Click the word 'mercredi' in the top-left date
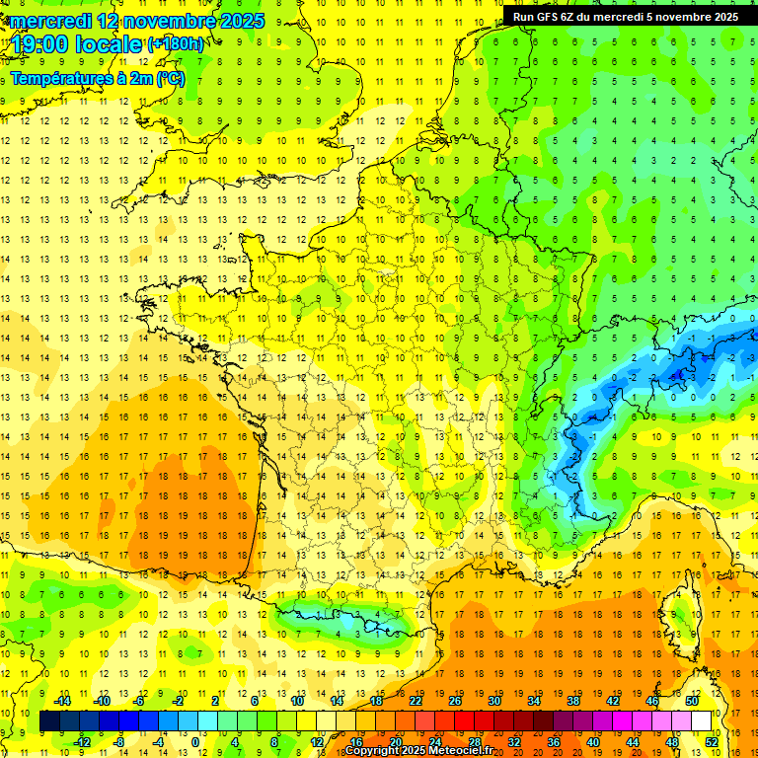(53, 21)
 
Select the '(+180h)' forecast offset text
(177, 44)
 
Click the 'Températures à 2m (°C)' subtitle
(97, 78)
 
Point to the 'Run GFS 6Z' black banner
(625, 16)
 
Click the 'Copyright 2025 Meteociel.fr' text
(418, 751)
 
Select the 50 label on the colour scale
(691, 701)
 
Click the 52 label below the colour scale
(711, 741)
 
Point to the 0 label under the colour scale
(194, 741)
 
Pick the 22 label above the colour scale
(416, 701)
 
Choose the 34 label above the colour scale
(533, 701)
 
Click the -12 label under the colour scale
(82, 741)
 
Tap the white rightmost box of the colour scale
(702, 721)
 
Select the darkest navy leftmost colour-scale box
(49, 721)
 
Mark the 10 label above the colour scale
(297, 701)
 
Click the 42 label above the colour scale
(612, 701)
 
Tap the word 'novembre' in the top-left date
(167, 21)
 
